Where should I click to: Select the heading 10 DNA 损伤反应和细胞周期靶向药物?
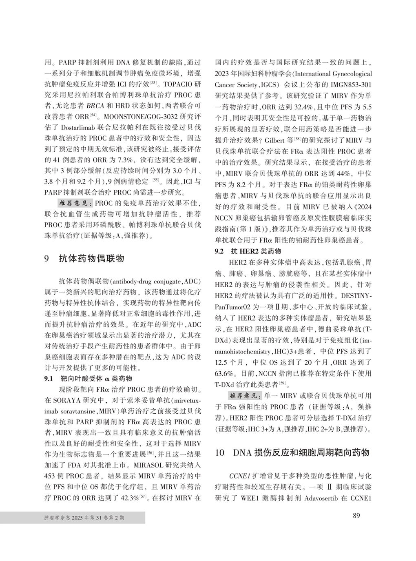[x=292, y=452]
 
